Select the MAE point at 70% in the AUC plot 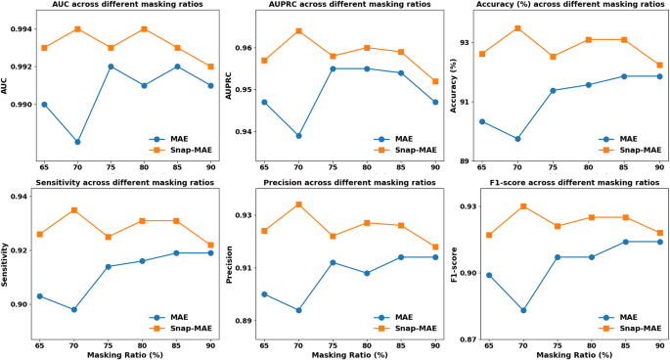click(x=76, y=142)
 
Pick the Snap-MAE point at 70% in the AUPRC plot click(x=298, y=31)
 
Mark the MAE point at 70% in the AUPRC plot click(x=298, y=136)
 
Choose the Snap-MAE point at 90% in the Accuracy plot click(x=659, y=66)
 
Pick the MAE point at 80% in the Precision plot click(x=367, y=273)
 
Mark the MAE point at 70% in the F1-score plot click(x=523, y=310)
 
